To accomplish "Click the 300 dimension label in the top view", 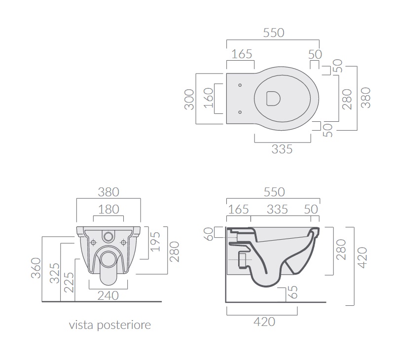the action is coord(189,100).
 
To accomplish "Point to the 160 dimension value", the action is coord(209,98).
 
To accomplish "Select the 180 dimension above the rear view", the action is coord(108,209).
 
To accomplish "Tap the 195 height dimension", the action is coord(155,242).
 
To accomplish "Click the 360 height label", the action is coord(36,268).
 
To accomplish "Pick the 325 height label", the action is coord(55,273).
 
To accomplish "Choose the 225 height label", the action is coord(69,283).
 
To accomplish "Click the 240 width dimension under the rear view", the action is coord(108,296).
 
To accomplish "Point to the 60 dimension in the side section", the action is coord(209,234).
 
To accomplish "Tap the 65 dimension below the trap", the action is coord(293,292).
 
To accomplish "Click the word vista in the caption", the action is coord(81,325).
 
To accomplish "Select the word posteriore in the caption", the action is coord(124,325).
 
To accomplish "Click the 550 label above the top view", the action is coord(274,33).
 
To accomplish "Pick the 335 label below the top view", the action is coord(282,149).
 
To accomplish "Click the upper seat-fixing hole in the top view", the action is coord(240,85).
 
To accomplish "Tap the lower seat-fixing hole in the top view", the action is coord(240,112).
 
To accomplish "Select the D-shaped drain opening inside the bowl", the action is coord(273,98).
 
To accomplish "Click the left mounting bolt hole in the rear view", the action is coord(94,243).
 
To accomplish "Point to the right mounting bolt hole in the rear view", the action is coord(123,243).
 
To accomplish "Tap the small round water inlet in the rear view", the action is coord(108,236).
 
